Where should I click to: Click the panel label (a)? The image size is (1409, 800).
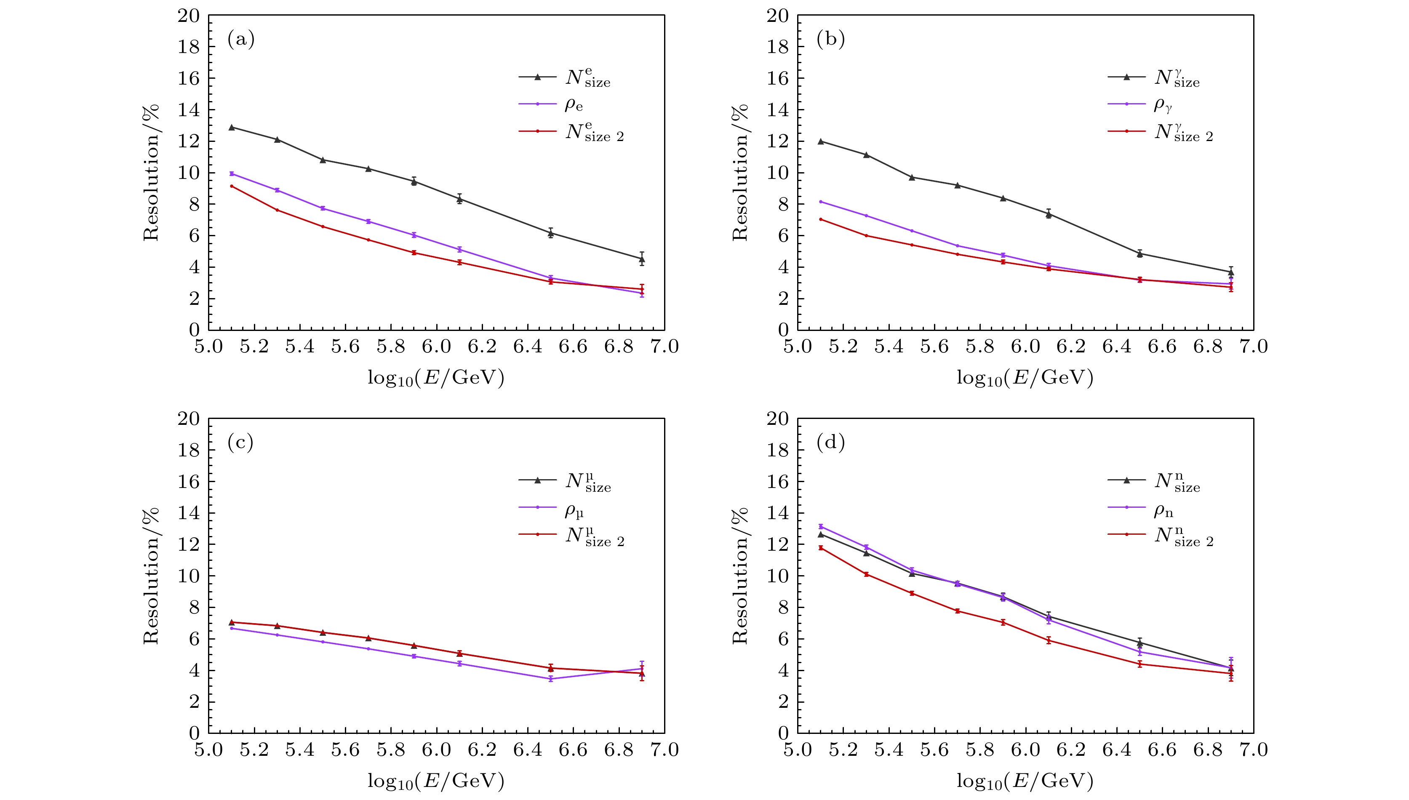241,40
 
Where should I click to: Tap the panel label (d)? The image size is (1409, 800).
830,442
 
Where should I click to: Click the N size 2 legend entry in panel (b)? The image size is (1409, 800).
1184,132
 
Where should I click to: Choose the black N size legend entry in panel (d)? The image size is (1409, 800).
1177,482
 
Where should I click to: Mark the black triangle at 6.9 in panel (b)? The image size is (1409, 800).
1231,272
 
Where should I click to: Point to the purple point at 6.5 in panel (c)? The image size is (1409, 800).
551,679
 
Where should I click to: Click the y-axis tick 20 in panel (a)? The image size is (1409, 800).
189,16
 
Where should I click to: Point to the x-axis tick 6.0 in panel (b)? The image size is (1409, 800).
1025,347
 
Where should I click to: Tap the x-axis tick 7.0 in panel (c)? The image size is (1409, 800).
664,750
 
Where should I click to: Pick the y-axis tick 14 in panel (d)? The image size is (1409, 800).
778,513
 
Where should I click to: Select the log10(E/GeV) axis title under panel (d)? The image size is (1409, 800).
1025,781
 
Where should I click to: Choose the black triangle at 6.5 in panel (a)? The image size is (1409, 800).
551,233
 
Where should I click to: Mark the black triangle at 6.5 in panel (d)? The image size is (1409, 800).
1140,642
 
